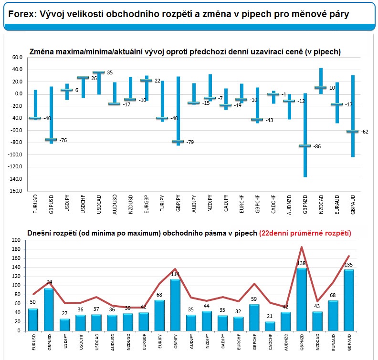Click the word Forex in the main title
pyautogui.click(x=22, y=14)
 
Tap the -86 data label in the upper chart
pyautogui.click(x=317, y=146)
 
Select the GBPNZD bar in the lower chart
pyautogui.click(x=302, y=299)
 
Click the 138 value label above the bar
pyautogui.click(x=301, y=263)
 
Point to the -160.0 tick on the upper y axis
pyautogui.click(x=15, y=191)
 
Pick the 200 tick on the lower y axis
pyautogui.click(x=16, y=240)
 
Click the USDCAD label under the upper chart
pyautogui.click(x=99, y=204)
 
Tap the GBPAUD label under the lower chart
pyautogui.click(x=349, y=342)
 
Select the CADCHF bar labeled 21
pyautogui.click(x=270, y=326)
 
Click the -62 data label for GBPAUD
pyautogui.click(x=365, y=132)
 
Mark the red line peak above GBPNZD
pyautogui.click(x=302, y=247)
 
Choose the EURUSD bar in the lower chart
pyautogui.click(x=33, y=320)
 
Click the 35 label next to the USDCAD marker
pyautogui.click(x=110, y=72)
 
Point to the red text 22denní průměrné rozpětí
pyautogui.click(x=305, y=233)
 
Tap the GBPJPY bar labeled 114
pyautogui.click(x=175, y=305)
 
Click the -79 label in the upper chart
pyautogui.click(x=190, y=142)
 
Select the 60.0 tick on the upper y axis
pyautogui.click(x=17, y=57)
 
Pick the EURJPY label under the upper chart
pyautogui.click(x=162, y=203)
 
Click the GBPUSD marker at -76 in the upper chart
pyautogui.click(x=51, y=139)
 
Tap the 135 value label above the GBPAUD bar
pyautogui.click(x=348, y=265)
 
